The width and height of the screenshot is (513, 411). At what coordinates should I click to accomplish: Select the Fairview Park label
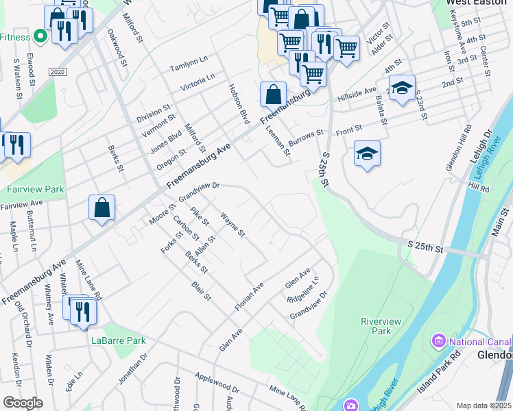point(25,189)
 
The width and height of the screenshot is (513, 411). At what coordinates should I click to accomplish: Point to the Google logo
point(23,403)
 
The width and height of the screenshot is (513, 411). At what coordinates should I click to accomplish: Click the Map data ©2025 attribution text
point(484,406)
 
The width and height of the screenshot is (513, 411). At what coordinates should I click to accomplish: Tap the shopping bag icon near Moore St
point(102,208)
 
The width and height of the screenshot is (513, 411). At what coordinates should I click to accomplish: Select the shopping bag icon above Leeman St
point(273,93)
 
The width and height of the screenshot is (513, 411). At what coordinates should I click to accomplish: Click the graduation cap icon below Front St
point(367,154)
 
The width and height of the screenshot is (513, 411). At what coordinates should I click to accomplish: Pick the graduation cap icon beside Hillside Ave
point(403,88)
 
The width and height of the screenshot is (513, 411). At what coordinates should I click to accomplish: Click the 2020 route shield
point(57,71)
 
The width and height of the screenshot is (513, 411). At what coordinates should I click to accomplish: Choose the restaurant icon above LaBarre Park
point(82,311)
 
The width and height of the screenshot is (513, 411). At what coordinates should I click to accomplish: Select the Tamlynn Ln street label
point(189,64)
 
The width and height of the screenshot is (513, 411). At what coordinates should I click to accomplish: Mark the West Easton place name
point(471,3)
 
